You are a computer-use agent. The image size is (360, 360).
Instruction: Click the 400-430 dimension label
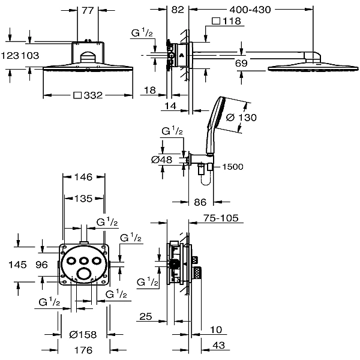coord(250,10)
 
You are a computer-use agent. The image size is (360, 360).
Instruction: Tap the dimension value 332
coord(93,95)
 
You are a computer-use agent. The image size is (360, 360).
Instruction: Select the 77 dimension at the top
coord(88,11)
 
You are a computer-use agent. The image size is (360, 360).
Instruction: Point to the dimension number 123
coord(10,56)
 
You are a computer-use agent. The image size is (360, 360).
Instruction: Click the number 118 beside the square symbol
coord(232,21)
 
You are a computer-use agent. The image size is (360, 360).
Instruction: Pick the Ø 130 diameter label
coord(241,118)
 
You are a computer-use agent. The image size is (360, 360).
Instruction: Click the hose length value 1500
coord(233,167)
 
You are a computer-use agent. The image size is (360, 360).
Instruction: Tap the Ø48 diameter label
coord(161,160)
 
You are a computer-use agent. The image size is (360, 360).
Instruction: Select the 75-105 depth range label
coord(221,218)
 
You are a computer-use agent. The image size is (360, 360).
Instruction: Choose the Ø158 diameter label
coord(83,335)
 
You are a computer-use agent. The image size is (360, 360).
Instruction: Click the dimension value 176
coord(83,350)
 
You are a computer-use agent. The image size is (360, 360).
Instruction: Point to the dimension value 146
coord(83,177)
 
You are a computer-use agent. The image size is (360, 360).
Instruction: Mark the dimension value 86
coord(200,202)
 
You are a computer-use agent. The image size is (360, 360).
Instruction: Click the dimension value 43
coord(218,346)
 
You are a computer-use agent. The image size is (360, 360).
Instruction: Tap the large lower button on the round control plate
coord(83,274)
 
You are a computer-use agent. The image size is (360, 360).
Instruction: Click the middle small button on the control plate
coord(84,261)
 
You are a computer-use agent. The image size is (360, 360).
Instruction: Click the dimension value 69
coord(241,63)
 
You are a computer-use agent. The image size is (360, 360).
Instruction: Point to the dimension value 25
coord(146,317)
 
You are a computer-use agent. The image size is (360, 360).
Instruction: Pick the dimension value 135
coord(83,199)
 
